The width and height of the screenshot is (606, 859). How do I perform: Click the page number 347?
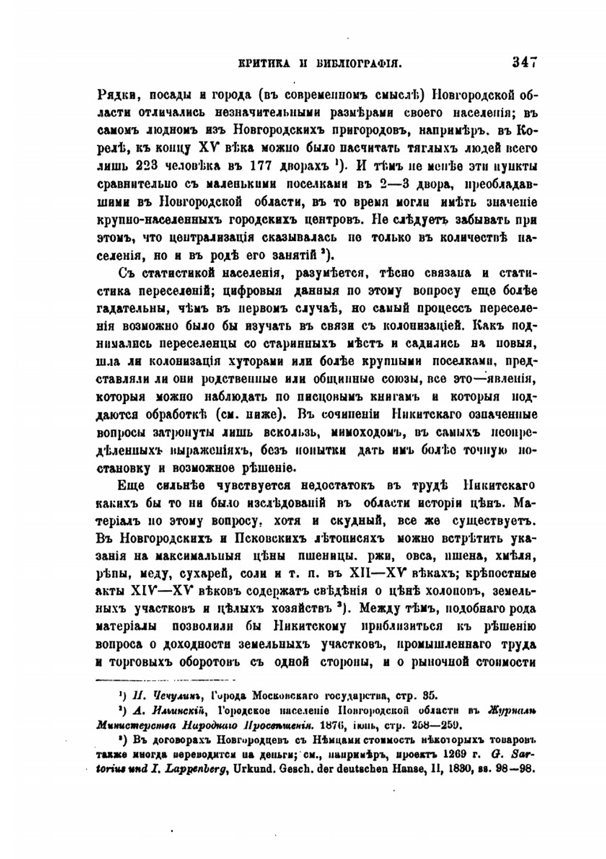tap(525, 61)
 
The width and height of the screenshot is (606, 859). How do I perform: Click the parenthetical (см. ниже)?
tap(248, 415)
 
